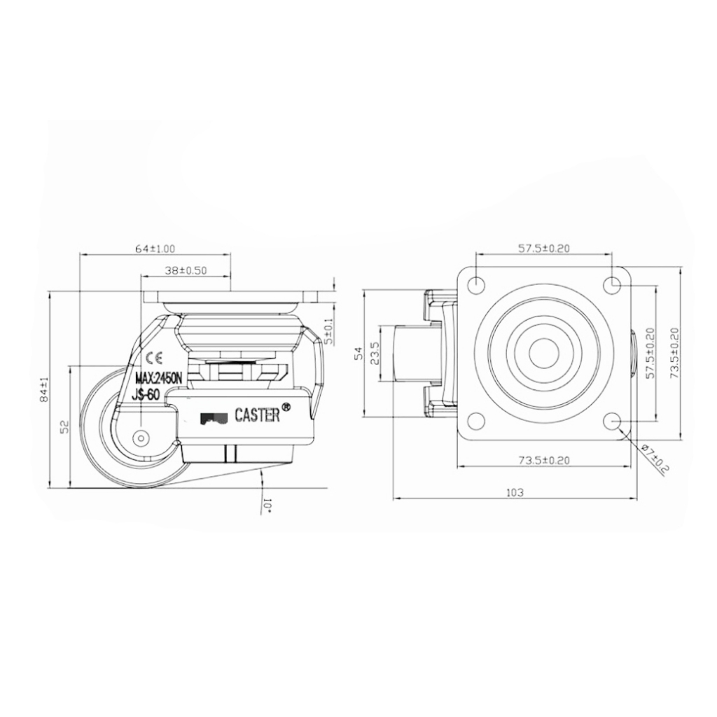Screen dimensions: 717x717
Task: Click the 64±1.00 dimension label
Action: click(x=155, y=249)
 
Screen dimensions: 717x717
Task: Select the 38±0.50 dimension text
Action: click(x=186, y=271)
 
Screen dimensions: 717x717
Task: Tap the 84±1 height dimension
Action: click(x=44, y=389)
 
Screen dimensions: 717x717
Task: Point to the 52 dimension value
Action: click(x=64, y=426)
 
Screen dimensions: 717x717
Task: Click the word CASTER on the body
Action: click(x=257, y=415)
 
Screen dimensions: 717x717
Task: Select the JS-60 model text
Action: click(x=147, y=396)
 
